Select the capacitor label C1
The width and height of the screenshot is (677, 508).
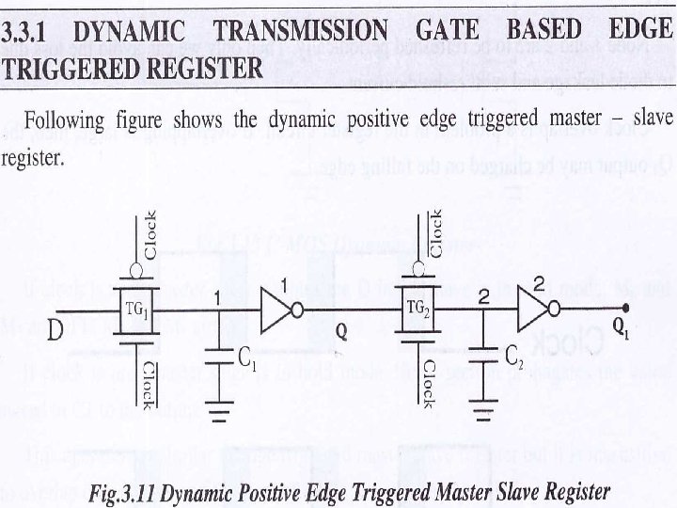[247, 357]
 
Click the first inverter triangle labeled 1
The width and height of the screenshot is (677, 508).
[278, 310]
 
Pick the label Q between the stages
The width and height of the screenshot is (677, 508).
[341, 331]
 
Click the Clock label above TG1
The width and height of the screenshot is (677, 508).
[150, 235]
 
